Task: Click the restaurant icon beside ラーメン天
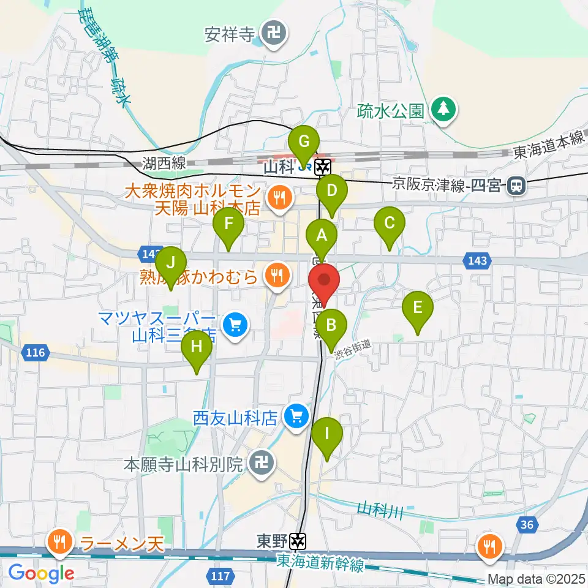(x=59, y=541)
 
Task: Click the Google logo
(x=42, y=573)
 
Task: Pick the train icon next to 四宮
(x=517, y=184)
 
